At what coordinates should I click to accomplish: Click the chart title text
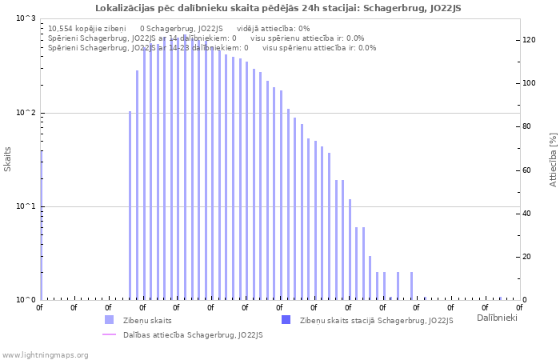pyautogui.click(x=278, y=8)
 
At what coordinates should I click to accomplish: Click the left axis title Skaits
pyautogui.click(x=8, y=159)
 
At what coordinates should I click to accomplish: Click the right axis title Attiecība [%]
pyautogui.click(x=553, y=160)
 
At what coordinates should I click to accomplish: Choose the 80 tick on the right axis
pyautogui.click(x=527, y=126)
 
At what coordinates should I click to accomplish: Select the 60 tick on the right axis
pyautogui.click(x=527, y=170)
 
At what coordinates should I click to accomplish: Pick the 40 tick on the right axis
pyautogui.click(x=527, y=214)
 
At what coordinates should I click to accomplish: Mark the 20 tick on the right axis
pyautogui.click(x=527, y=257)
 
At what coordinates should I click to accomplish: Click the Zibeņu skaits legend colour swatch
pyautogui.click(x=109, y=320)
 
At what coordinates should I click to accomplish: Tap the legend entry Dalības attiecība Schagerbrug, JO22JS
pyautogui.click(x=192, y=335)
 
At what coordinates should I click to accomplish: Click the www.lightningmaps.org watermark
pyautogui.click(x=44, y=354)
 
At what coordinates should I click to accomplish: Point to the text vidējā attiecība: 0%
pyautogui.click(x=273, y=28)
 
